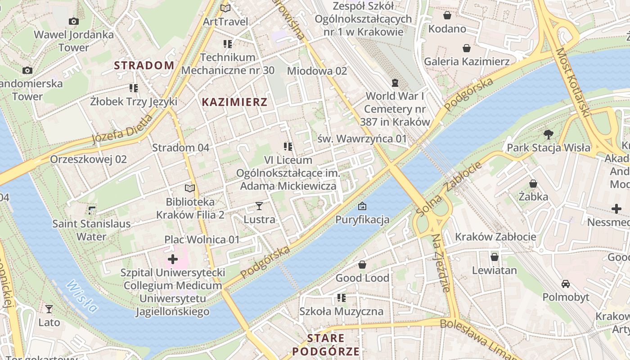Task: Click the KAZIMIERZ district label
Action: coord(234,102)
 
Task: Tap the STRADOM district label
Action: coord(144,65)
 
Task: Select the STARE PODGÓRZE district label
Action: coord(326,345)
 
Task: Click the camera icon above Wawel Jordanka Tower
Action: coord(74,21)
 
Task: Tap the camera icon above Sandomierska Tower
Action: coord(27,70)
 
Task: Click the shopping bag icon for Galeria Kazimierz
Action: coord(467,48)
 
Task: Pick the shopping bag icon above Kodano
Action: coord(447,16)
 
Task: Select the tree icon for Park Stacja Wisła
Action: coord(548,134)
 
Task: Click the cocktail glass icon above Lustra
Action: coord(259,206)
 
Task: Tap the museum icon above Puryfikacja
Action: coord(362,207)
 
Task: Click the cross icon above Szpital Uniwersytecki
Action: coord(173,259)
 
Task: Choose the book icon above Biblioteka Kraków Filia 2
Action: coord(190,188)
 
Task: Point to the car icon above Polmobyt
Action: coord(566,283)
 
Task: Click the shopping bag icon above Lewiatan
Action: coord(494,257)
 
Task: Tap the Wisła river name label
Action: coord(82,297)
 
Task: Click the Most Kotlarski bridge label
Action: coord(572,83)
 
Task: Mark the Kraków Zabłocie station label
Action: coord(495,237)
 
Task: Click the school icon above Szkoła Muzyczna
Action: coord(342,298)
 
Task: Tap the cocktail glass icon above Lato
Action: coord(49,309)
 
